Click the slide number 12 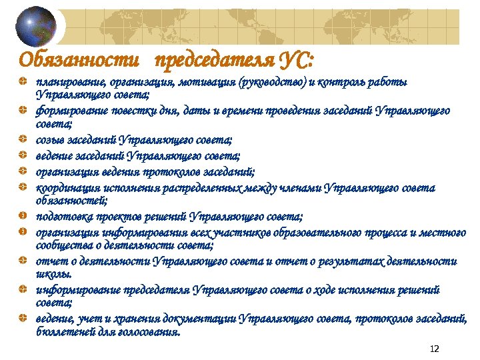[x=435, y=349]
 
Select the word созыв [x=49, y=139]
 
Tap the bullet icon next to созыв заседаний [x=23, y=139]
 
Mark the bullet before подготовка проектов [x=23, y=217]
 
